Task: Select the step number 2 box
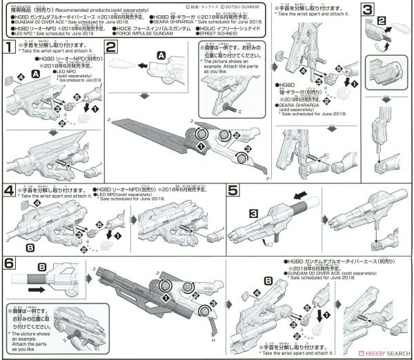click(112, 48)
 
